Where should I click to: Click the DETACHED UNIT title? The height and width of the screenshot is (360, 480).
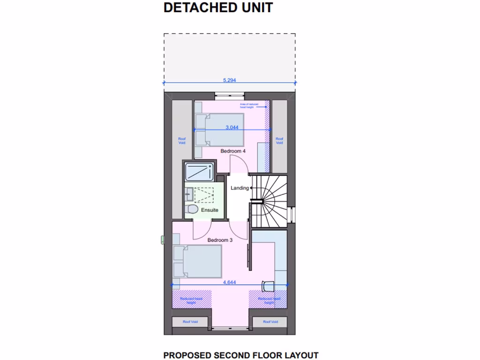218,8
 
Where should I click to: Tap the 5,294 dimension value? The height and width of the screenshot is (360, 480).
229,80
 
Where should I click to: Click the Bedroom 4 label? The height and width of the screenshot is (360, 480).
233,151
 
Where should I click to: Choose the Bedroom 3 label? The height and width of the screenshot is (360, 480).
220,240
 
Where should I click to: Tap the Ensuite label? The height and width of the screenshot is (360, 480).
210,210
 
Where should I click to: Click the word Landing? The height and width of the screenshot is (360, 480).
240,188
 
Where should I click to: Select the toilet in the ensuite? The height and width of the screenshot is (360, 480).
190,209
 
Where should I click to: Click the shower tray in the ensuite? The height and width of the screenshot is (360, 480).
200,172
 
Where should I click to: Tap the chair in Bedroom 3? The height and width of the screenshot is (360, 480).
268,285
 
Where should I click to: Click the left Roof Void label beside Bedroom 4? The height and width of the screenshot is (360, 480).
182,140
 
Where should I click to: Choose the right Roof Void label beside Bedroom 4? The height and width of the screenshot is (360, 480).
279,140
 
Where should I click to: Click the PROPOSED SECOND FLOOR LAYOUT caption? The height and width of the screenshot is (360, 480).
241,355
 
